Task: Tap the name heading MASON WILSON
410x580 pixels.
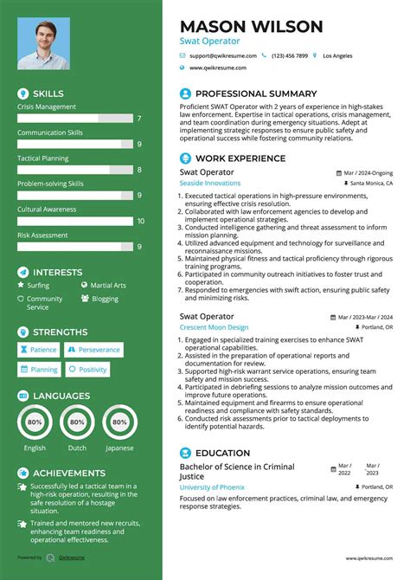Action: pyautogui.click(x=251, y=26)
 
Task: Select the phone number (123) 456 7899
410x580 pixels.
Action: pyautogui.click(x=290, y=55)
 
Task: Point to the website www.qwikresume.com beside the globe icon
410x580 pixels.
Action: pyautogui.click(x=217, y=68)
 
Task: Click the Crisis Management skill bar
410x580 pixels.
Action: pyautogui.click(x=74, y=118)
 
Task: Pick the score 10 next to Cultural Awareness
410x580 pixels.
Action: pyautogui.click(x=140, y=221)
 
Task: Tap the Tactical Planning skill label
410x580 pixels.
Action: pyautogui.click(x=43, y=158)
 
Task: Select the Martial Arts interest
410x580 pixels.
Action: pyautogui.click(x=108, y=285)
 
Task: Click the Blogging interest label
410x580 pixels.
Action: pyautogui.click(x=105, y=299)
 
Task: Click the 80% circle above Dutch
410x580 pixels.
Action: pyautogui.click(x=77, y=422)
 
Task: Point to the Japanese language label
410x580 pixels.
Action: pyautogui.click(x=119, y=448)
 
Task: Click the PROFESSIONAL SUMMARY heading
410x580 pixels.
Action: pyautogui.click(x=256, y=93)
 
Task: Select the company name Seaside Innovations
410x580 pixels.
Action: pyautogui.click(x=210, y=184)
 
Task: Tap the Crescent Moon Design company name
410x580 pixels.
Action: pyautogui.click(x=214, y=328)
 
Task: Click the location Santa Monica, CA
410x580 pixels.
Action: pyautogui.click(x=372, y=184)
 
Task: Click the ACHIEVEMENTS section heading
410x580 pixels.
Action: pyautogui.click(x=69, y=474)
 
